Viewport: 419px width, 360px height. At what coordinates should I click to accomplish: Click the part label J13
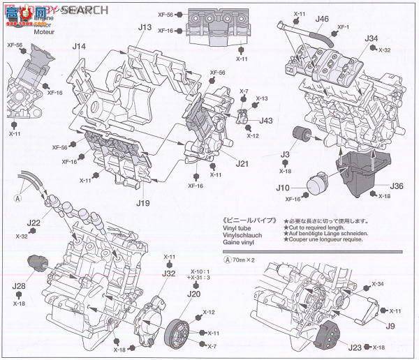[145, 27]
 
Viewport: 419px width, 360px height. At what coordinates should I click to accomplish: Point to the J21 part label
[242, 163]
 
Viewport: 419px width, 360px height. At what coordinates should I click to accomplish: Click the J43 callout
[266, 120]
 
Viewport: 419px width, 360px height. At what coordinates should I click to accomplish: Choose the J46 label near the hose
[322, 19]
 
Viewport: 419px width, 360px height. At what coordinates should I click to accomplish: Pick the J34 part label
[371, 38]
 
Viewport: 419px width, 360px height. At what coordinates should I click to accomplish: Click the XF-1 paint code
[343, 28]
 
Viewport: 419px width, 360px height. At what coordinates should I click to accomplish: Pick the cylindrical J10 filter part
[318, 186]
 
